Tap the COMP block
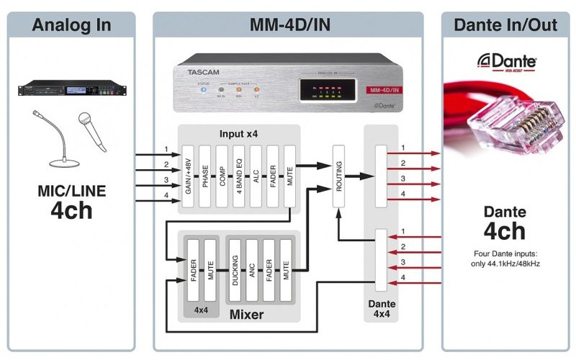point(222,177)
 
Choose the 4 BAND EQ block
point(239,177)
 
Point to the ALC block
point(256,177)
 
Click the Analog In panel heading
point(72,25)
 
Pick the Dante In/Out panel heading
point(504,25)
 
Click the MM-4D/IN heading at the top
point(289,25)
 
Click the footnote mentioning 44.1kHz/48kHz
point(505,258)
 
